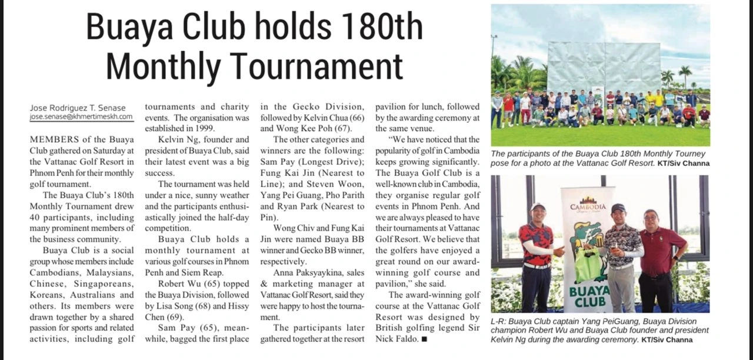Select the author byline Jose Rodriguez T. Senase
[78, 108]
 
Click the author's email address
[81, 118]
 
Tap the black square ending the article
[424, 339]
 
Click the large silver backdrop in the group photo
[604, 65]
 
